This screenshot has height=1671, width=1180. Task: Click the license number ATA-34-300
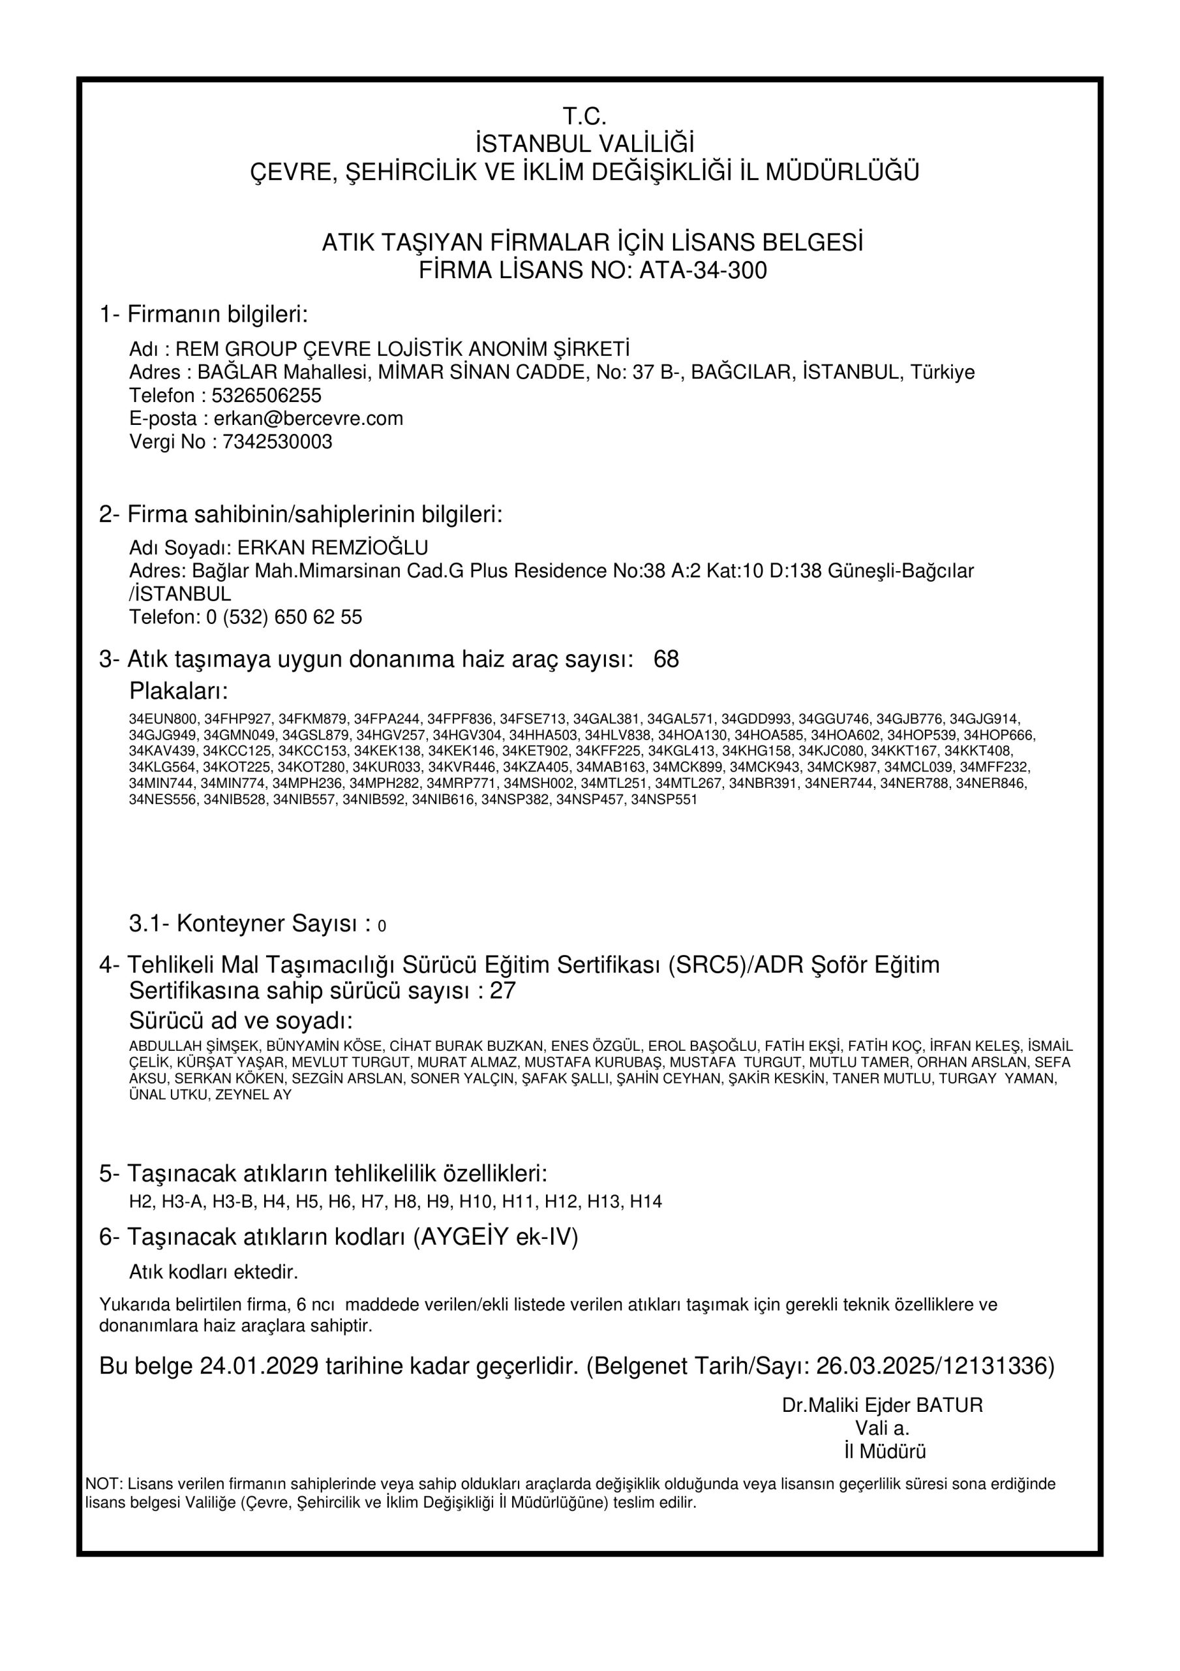click(x=702, y=271)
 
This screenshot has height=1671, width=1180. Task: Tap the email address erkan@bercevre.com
click(x=309, y=418)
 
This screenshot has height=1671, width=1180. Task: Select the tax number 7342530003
click(x=272, y=442)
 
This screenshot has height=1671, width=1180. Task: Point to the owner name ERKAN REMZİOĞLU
click(x=333, y=547)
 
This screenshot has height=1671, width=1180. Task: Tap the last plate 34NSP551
click(x=664, y=799)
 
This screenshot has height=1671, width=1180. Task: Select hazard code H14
click(x=646, y=1202)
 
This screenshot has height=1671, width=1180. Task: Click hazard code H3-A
click(x=183, y=1202)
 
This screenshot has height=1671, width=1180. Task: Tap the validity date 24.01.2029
click(x=260, y=1366)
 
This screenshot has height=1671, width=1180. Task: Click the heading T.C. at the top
click(x=584, y=116)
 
